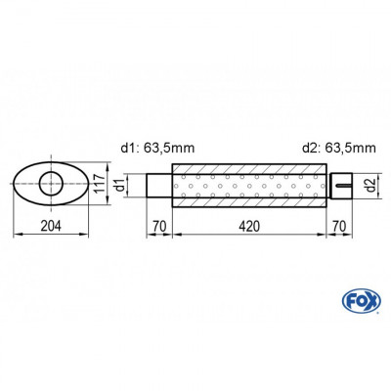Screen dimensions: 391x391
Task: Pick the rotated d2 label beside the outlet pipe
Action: click(x=369, y=184)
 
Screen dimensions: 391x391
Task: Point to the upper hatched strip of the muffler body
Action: click(x=249, y=169)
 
